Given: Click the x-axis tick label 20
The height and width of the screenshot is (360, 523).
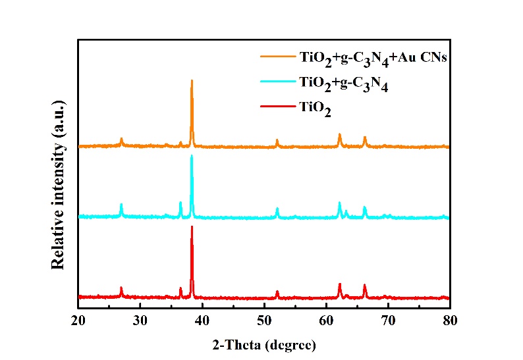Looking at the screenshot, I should (x=78, y=321).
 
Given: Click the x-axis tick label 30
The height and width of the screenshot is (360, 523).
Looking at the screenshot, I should (x=140, y=321).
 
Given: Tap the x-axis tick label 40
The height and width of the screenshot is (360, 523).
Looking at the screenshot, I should (x=202, y=321).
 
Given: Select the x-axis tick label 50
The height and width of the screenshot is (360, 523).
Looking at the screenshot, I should (x=264, y=321).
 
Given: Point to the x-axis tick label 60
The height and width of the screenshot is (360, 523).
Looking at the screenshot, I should (x=326, y=321).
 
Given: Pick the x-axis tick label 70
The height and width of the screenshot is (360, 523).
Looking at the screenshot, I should (x=388, y=321).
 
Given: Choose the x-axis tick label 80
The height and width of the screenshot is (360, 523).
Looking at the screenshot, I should (x=450, y=321).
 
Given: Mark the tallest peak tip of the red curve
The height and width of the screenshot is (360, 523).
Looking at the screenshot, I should (x=192, y=226).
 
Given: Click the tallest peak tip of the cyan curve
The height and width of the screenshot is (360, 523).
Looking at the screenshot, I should (x=192, y=156).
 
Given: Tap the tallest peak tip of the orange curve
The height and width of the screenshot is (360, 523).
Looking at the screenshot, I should (x=192, y=80).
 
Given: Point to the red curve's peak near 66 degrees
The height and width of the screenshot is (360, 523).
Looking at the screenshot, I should (x=364, y=285).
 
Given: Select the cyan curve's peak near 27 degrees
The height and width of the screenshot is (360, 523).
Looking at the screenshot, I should (x=121, y=205).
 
